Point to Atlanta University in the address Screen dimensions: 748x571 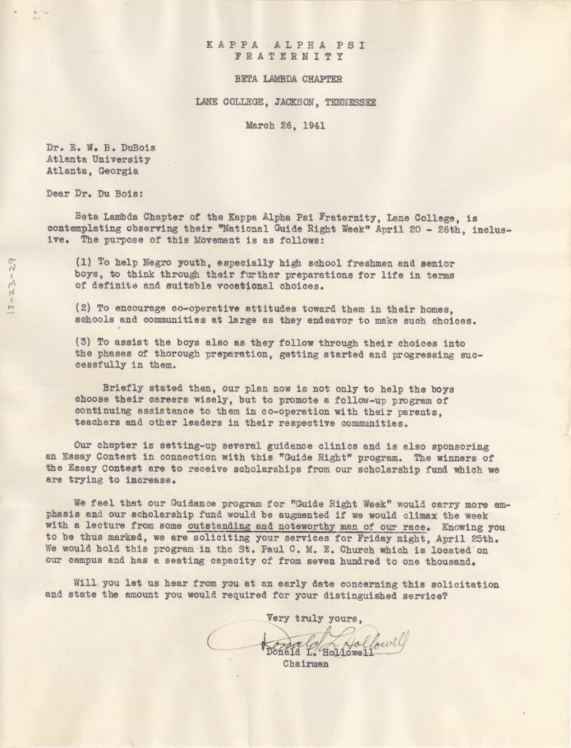point(98,159)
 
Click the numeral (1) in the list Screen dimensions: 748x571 point(83,263)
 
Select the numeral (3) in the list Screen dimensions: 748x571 point(83,343)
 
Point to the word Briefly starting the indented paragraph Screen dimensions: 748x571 point(123,388)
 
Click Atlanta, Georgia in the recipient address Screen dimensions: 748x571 point(92,171)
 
